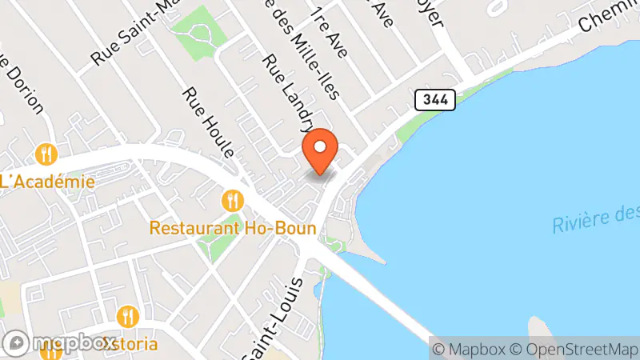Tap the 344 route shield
(435, 100)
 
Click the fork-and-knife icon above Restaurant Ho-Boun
(233, 199)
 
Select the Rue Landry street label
(289, 93)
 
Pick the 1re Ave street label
(328, 31)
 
